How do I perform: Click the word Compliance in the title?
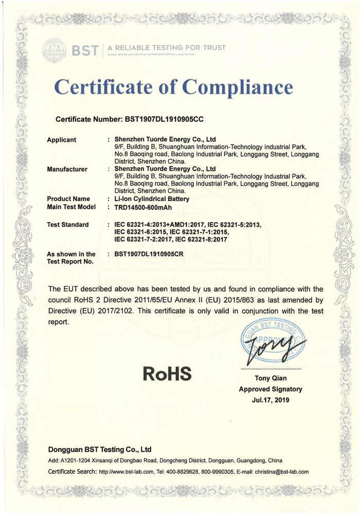click(x=238, y=89)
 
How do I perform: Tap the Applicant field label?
click(x=61, y=140)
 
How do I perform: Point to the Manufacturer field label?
click(x=67, y=169)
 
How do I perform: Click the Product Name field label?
click(x=68, y=199)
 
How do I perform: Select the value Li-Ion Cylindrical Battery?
click(x=152, y=199)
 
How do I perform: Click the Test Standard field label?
click(x=68, y=225)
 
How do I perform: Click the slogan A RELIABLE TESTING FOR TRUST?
click(x=166, y=48)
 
